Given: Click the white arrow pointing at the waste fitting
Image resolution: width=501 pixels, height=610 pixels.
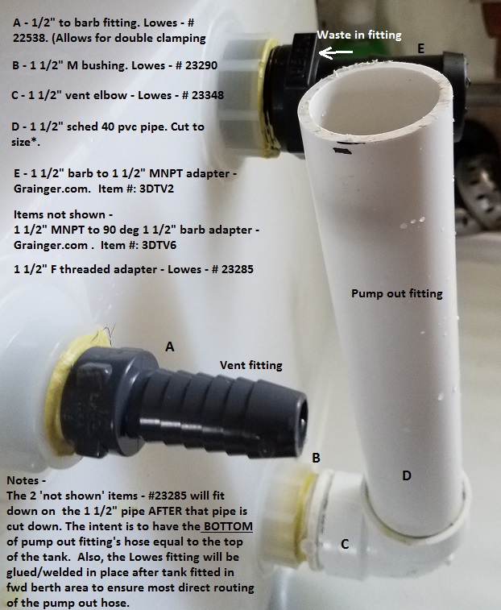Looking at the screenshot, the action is (336, 52).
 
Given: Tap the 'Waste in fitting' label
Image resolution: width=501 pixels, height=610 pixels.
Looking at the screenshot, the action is (359, 35).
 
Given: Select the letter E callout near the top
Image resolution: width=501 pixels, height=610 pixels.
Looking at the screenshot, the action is (420, 48).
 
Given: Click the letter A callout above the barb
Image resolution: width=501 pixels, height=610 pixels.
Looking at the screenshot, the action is (170, 346).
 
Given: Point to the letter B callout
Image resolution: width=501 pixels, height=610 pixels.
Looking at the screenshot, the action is (317, 458).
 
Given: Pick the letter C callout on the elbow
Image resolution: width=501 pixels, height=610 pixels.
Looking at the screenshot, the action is (345, 544).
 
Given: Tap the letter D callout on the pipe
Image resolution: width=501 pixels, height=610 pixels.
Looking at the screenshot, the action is (407, 475).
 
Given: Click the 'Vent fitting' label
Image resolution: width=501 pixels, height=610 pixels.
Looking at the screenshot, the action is (250, 365).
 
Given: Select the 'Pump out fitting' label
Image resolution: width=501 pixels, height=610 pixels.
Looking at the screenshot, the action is (397, 293).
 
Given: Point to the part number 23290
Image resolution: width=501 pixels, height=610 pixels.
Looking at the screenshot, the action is (201, 65).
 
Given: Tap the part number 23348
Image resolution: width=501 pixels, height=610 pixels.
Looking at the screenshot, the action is (207, 95).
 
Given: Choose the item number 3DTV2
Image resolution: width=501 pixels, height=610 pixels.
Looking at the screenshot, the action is (156, 189).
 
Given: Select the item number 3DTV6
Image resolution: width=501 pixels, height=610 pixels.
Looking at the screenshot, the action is (159, 246).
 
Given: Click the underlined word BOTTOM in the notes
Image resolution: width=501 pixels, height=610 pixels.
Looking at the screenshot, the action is (228, 526).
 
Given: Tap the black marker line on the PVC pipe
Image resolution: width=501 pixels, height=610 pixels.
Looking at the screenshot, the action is (342, 151).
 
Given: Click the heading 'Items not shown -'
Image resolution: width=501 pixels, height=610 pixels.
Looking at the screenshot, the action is (60, 214).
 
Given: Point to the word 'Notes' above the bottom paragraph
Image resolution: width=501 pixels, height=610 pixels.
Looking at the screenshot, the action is (23, 480).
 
